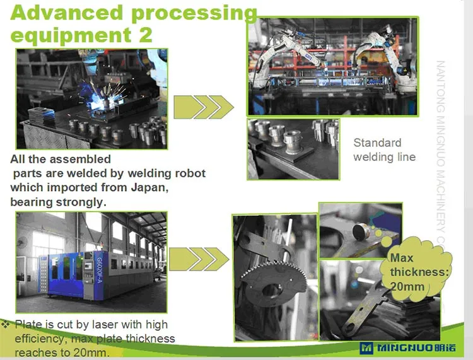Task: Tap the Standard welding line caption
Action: [x=383, y=149]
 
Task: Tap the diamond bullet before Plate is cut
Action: [x=6, y=324]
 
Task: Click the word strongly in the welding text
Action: [x=78, y=202]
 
